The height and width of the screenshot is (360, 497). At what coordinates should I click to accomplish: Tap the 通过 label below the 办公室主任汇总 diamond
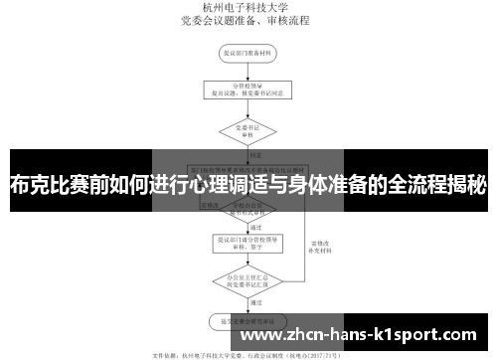255,301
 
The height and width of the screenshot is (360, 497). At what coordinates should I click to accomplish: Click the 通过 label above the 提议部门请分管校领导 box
255,226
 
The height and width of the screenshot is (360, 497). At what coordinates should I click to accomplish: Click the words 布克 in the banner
31,184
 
